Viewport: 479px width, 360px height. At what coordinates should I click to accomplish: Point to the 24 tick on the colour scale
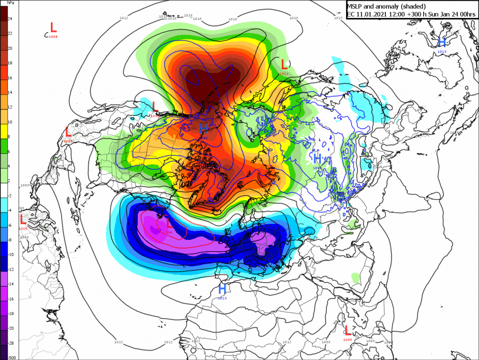point(10,19)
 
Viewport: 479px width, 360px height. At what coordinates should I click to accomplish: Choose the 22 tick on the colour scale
point(10,34)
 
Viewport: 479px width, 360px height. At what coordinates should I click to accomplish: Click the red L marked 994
point(169,223)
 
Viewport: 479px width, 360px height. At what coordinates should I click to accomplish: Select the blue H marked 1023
point(222,289)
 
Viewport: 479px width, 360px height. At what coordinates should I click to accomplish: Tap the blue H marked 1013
point(442,42)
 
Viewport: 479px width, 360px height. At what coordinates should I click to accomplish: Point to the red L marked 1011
point(284,65)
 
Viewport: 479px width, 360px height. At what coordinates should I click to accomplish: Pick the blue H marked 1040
point(317,158)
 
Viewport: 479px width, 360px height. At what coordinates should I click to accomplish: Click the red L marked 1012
point(155,107)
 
